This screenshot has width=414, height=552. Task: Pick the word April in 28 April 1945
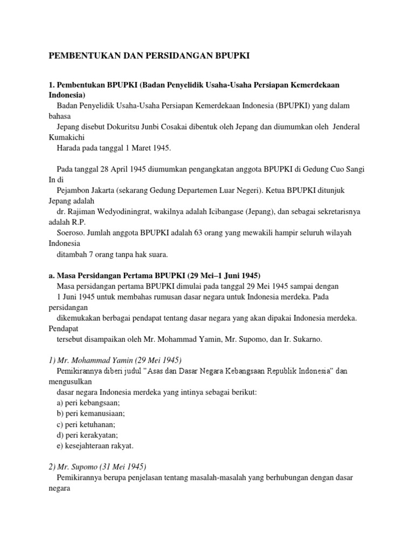pos(113,169)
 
